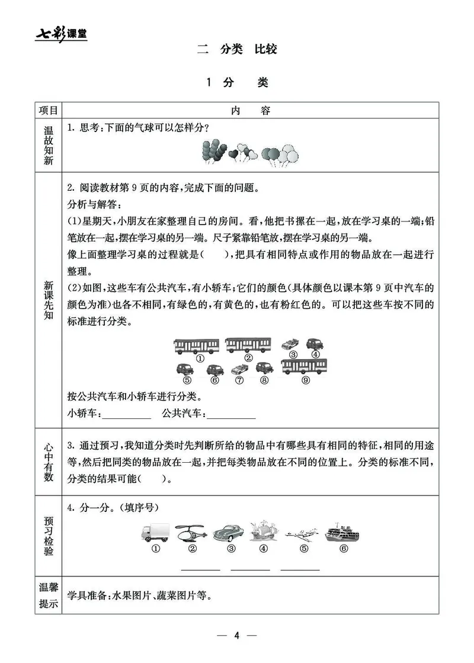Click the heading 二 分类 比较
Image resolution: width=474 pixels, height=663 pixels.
(237, 50)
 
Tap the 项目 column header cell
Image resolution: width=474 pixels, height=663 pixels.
(48, 111)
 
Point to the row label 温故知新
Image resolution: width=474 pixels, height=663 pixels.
(48, 145)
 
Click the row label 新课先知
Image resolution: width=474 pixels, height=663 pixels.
(48, 299)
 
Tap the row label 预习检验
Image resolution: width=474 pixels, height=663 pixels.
(48, 536)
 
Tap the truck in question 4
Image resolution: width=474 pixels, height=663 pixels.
(156, 532)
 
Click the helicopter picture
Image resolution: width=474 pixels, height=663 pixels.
(191, 532)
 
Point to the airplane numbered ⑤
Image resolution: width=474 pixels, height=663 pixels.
(303, 533)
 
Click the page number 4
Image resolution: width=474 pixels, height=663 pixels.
(236, 636)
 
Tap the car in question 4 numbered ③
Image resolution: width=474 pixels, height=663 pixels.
(228, 532)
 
